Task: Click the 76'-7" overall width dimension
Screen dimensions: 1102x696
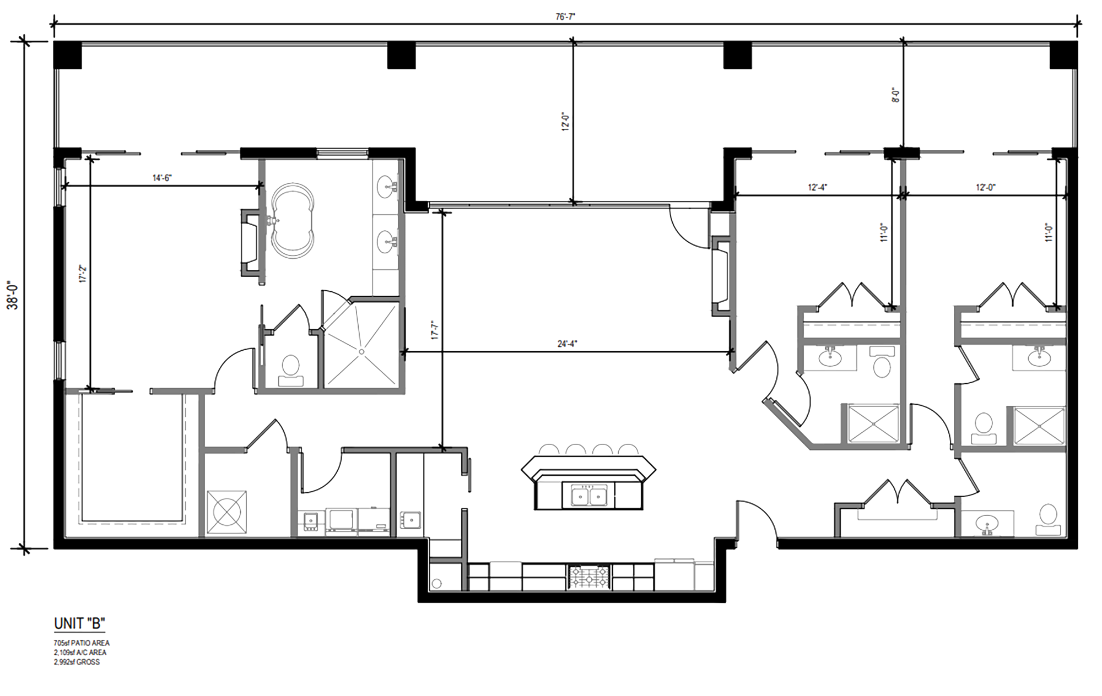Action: click(x=565, y=17)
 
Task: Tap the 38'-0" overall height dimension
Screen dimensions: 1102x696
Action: click(x=13, y=295)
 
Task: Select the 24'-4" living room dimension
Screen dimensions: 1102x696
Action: click(x=568, y=344)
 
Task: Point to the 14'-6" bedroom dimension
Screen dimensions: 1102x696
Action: click(x=162, y=178)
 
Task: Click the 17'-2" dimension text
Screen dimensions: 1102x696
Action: click(x=83, y=274)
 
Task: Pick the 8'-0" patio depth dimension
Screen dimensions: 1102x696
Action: click(x=896, y=95)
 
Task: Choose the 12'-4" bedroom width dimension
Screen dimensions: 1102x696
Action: click(x=817, y=187)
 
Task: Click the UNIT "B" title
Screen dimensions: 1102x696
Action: click(x=79, y=623)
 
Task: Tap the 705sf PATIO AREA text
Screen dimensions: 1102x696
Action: click(x=82, y=643)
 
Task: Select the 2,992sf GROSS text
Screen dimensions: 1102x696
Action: click(x=77, y=662)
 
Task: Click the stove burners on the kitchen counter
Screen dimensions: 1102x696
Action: click(x=590, y=578)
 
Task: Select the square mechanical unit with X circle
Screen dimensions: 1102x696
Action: click(x=226, y=512)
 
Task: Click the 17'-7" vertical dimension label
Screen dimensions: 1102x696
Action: click(x=435, y=330)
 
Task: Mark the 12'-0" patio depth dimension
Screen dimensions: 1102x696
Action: click(x=565, y=122)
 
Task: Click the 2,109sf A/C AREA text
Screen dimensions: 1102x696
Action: click(x=80, y=652)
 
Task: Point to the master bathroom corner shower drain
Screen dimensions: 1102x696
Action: click(x=362, y=351)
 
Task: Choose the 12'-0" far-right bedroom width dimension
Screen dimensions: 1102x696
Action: click(x=986, y=187)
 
